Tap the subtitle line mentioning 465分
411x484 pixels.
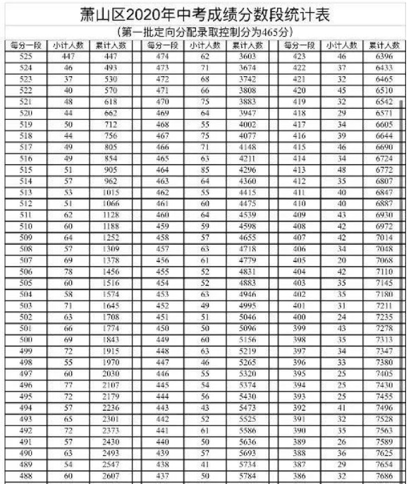point(204,33)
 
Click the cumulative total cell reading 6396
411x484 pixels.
point(384,56)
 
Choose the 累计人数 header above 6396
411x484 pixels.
point(384,45)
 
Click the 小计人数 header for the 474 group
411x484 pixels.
point(205,45)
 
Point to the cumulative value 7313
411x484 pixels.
point(384,318)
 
